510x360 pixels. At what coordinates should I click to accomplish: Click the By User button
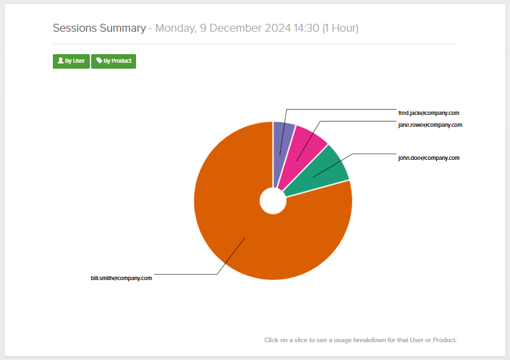pyautogui.click(x=71, y=61)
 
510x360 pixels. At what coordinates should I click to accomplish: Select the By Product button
pyautogui.click(x=114, y=61)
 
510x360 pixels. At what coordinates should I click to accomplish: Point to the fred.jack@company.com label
pyautogui.click(x=428, y=113)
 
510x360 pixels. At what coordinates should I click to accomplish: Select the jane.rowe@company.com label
pyautogui.click(x=429, y=125)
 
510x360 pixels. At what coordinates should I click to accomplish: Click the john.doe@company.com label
pyautogui.click(x=428, y=158)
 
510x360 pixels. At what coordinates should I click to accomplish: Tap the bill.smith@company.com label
pyautogui.click(x=122, y=278)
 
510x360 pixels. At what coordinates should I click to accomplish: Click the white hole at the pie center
pyautogui.click(x=273, y=201)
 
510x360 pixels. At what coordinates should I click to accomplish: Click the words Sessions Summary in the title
pyautogui.click(x=99, y=28)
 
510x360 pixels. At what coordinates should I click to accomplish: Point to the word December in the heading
pyautogui.click(x=234, y=28)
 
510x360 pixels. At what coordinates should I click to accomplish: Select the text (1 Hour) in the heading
pyautogui.click(x=340, y=28)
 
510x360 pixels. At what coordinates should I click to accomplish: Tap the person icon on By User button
pyautogui.click(x=61, y=61)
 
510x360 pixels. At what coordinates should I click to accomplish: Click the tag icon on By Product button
pyautogui.click(x=99, y=61)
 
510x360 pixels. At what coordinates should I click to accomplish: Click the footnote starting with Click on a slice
pyautogui.click(x=360, y=340)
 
